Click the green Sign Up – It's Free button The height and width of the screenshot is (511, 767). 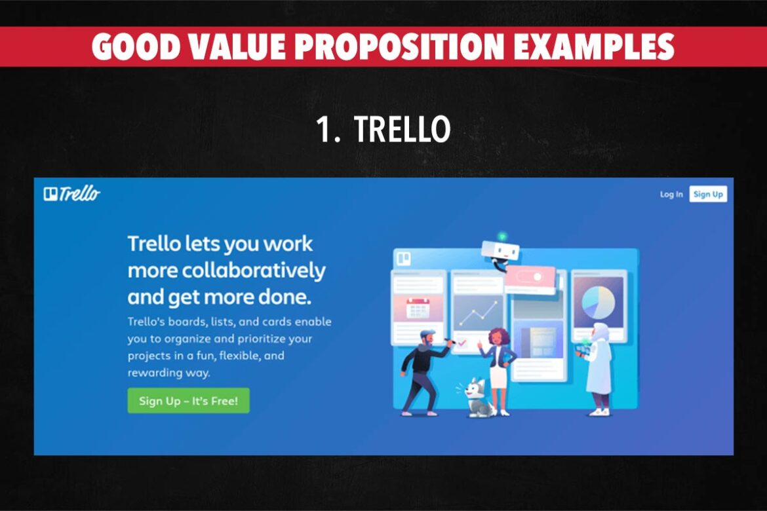(188, 401)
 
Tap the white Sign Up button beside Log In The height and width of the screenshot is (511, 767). (708, 194)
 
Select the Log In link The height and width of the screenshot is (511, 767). (671, 194)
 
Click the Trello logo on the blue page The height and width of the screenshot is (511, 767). (72, 193)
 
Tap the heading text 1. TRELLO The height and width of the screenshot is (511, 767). (383, 130)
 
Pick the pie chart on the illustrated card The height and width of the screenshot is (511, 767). (598, 301)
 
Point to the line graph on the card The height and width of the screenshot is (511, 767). (477, 314)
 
